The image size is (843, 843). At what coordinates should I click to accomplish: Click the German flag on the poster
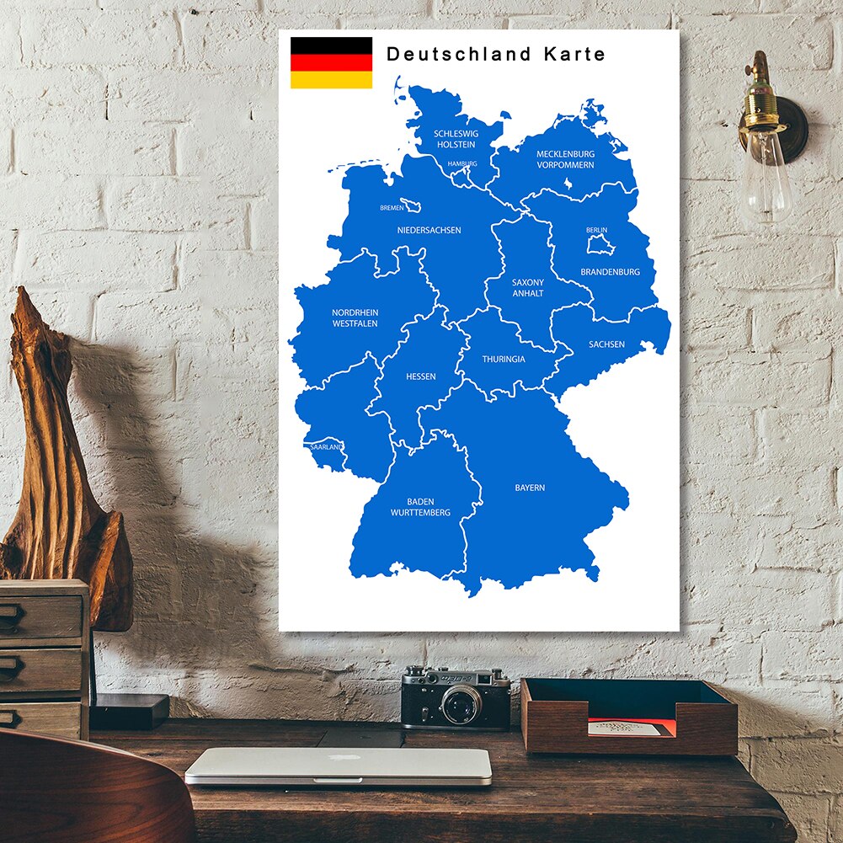tap(331, 62)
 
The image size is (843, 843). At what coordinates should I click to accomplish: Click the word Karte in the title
tap(574, 55)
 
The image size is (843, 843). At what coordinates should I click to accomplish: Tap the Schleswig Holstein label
tap(456, 139)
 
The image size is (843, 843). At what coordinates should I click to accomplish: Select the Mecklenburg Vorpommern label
tap(565, 159)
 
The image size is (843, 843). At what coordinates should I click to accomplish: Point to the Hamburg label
tap(462, 163)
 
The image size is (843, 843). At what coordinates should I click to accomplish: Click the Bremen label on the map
tap(392, 207)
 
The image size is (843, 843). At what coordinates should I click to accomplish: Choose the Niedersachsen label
tap(429, 230)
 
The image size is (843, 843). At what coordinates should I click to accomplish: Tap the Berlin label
tap(596, 230)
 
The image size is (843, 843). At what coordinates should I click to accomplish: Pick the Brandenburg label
tap(610, 272)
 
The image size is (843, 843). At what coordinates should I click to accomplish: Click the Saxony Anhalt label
tap(528, 288)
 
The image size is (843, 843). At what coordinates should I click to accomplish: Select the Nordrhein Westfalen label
tap(355, 317)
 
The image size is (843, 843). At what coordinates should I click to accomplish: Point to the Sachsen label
tap(606, 344)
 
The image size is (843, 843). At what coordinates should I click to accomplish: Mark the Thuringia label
tap(504, 360)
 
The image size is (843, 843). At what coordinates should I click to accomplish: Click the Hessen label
tap(420, 376)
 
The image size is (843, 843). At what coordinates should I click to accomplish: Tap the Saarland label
tap(326, 447)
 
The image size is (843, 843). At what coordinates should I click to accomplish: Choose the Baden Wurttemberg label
tap(420, 507)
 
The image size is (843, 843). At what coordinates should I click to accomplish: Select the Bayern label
tap(530, 488)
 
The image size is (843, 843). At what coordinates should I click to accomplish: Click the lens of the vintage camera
tap(462, 703)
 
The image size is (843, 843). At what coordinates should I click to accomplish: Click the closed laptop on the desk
tap(339, 765)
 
